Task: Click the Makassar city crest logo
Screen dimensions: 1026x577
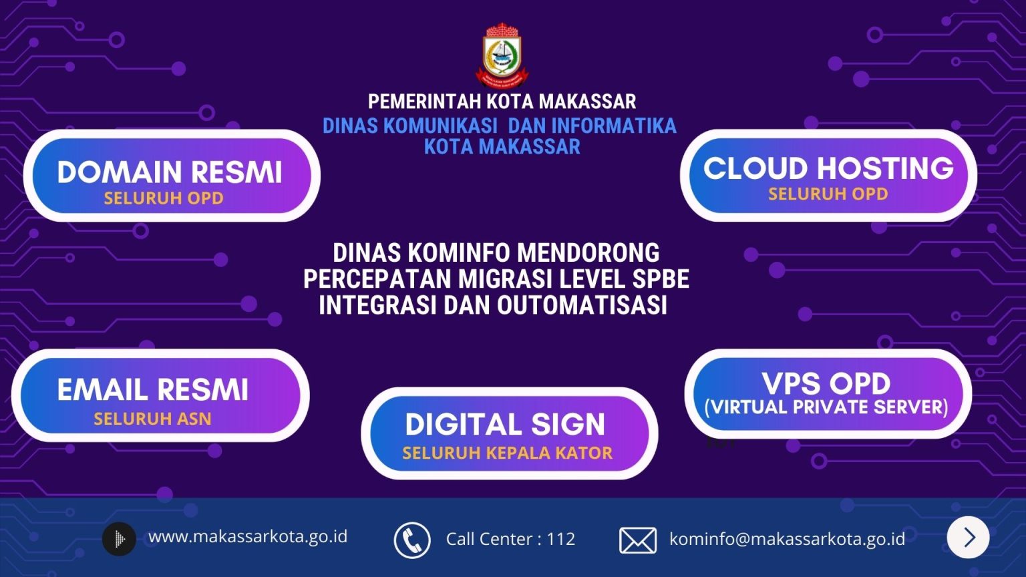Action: point(502,54)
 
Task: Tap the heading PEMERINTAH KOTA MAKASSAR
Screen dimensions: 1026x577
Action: point(502,102)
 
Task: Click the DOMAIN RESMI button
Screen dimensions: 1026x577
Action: point(172,176)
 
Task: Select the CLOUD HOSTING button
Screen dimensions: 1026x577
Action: point(828,176)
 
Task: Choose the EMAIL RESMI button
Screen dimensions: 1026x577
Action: point(160,395)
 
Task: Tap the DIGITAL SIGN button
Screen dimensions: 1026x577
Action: point(510,433)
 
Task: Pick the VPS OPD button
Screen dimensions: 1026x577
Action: point(828,394)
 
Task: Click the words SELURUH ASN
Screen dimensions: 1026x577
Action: point(152,419)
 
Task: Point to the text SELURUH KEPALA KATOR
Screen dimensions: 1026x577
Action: point(508,453)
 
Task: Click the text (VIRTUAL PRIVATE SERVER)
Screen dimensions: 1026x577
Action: point(826,407)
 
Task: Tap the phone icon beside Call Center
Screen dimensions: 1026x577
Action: point(412,540)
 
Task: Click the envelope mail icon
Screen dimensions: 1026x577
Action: point(638,540)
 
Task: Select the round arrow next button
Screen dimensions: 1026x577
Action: point(969,538)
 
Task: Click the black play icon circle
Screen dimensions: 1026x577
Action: point(119,539)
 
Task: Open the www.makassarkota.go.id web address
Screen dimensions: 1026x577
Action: point(248,537)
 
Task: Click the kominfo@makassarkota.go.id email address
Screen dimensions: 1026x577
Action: point(787,539)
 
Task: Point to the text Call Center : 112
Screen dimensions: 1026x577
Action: point(510,539)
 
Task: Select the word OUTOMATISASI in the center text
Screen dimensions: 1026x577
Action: point(582,305)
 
